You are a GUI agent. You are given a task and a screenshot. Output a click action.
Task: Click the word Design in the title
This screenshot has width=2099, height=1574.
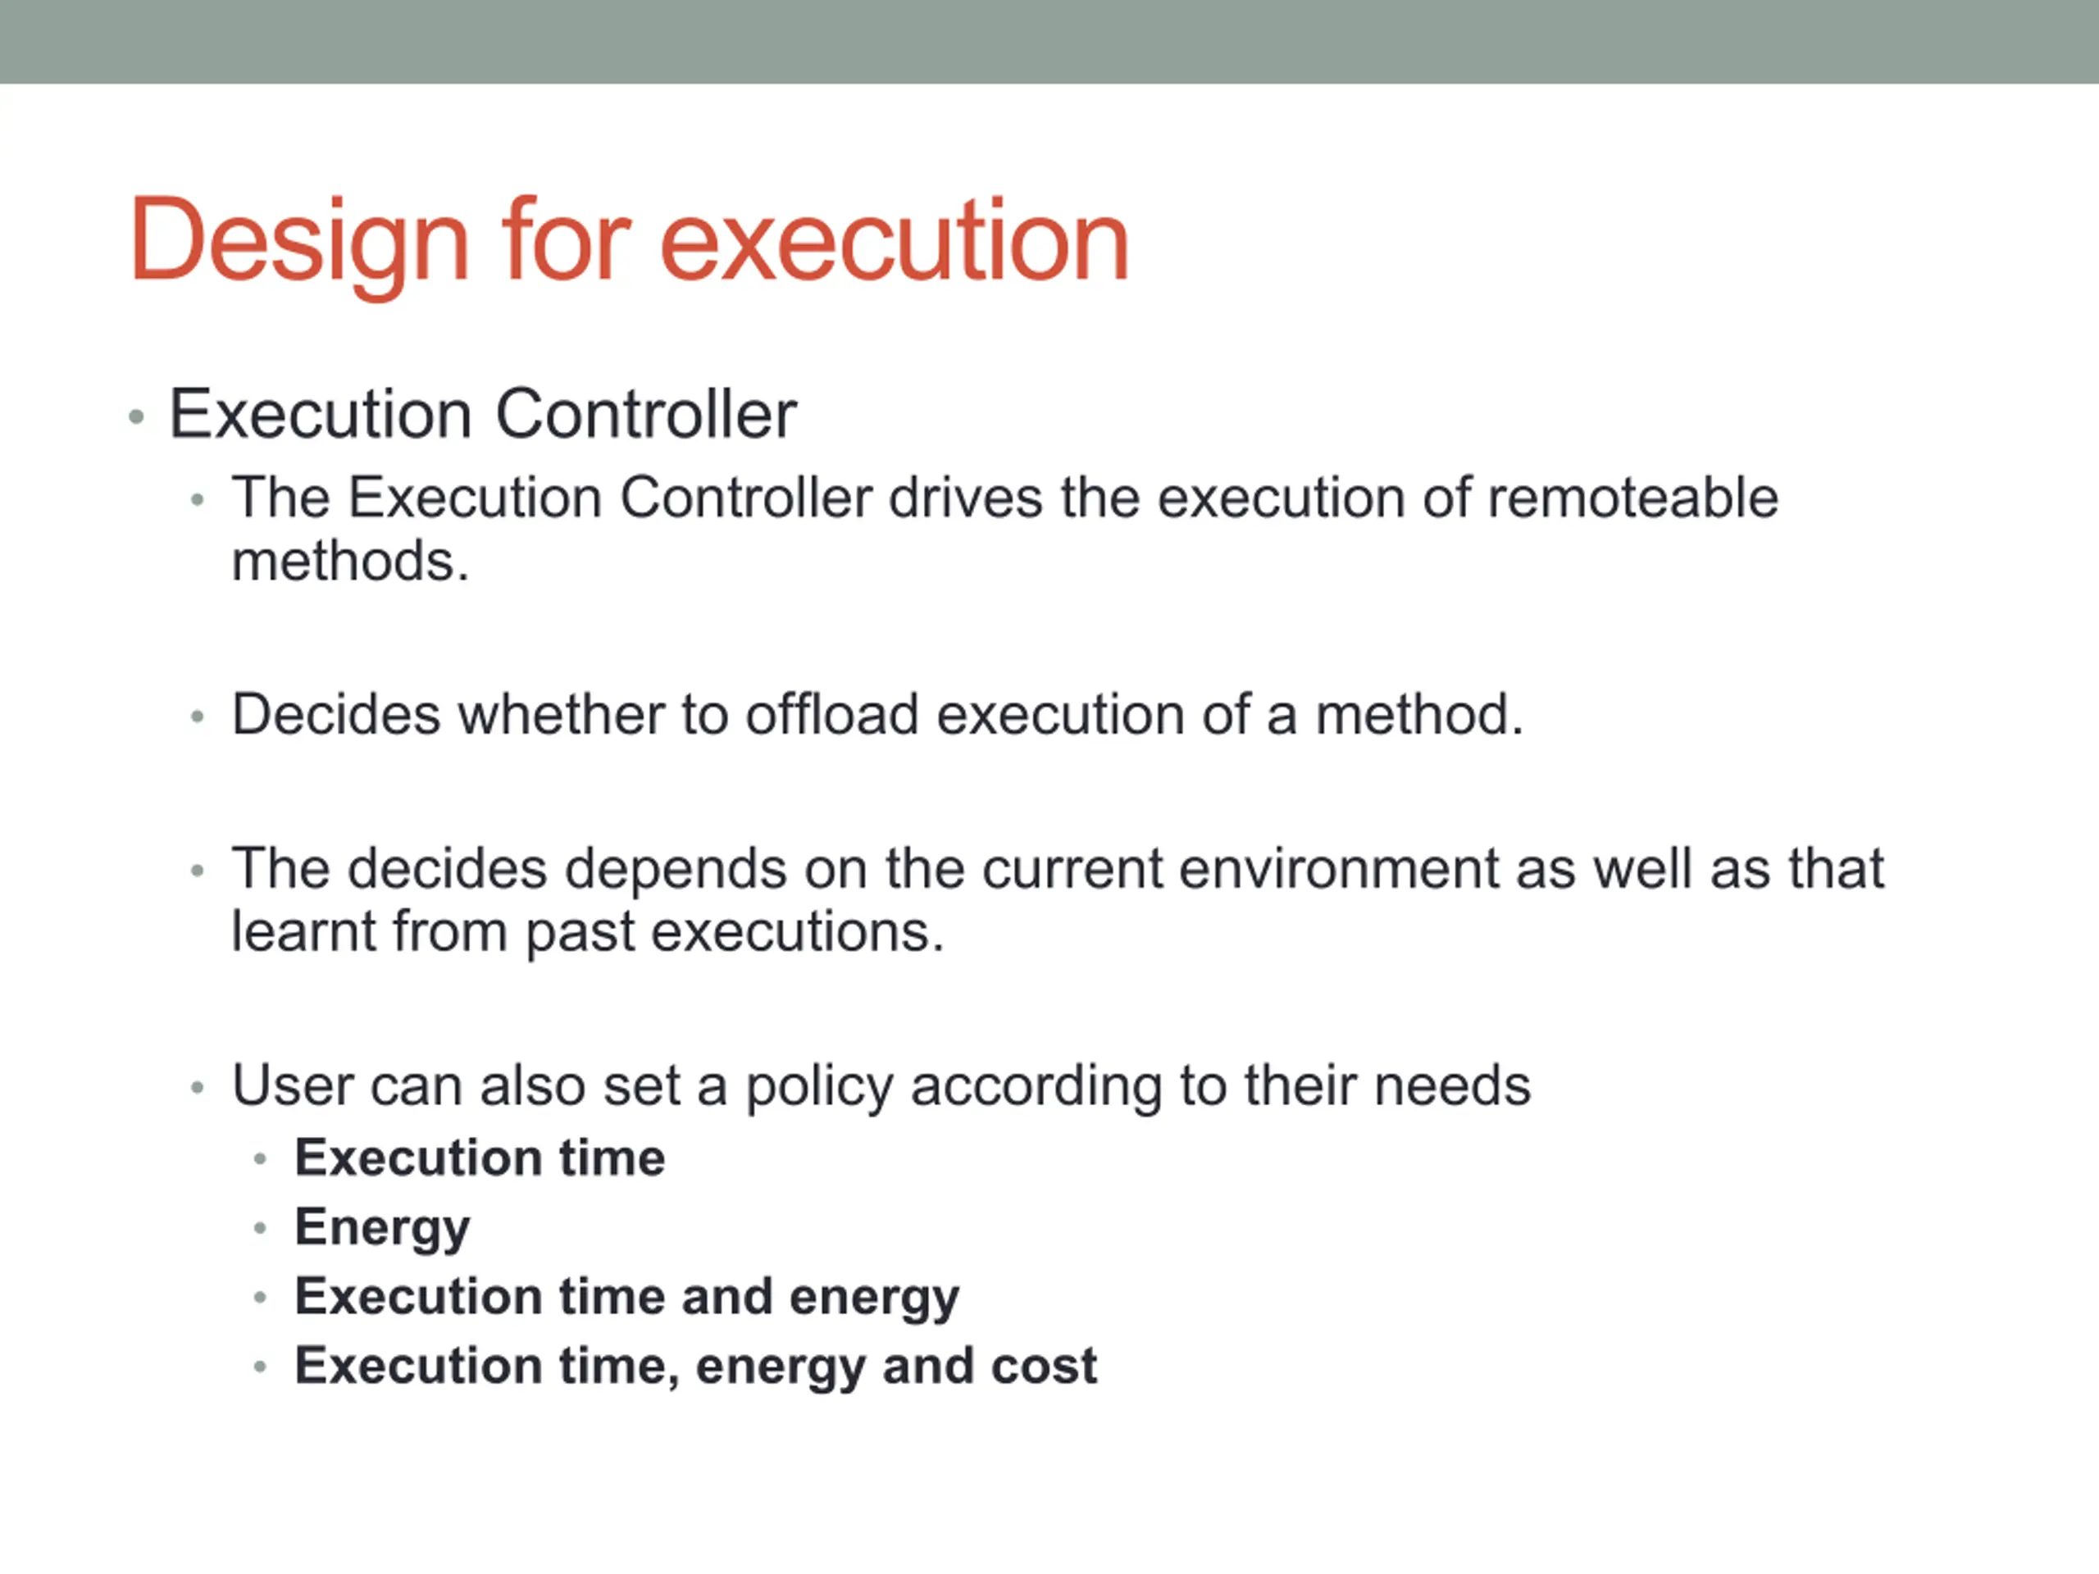click(x=300, y=242)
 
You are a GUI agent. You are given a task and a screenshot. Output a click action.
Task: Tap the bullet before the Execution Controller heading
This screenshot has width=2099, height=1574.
click(x=137, y=416)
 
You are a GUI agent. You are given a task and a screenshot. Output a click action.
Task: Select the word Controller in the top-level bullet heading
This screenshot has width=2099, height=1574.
click(x=646, y=414)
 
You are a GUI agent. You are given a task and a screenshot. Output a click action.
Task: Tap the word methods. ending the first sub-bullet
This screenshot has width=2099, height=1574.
click(x=350, y=561)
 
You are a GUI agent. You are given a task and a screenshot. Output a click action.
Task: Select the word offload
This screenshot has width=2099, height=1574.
click(x=831, y=713)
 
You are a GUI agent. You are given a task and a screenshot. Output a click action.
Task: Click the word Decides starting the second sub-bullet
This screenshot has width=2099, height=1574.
click(x=336, y=713)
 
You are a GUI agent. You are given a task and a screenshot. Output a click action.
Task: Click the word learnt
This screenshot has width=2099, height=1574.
click(x=303, y=931)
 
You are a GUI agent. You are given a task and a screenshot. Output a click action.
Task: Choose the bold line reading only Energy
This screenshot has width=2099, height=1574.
click(x=382, y=1229)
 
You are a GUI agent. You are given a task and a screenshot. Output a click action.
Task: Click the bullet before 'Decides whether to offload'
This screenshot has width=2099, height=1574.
click(x=198, y=716)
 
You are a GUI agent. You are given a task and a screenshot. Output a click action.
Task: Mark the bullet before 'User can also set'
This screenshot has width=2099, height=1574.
click(x=198, y=1087)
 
